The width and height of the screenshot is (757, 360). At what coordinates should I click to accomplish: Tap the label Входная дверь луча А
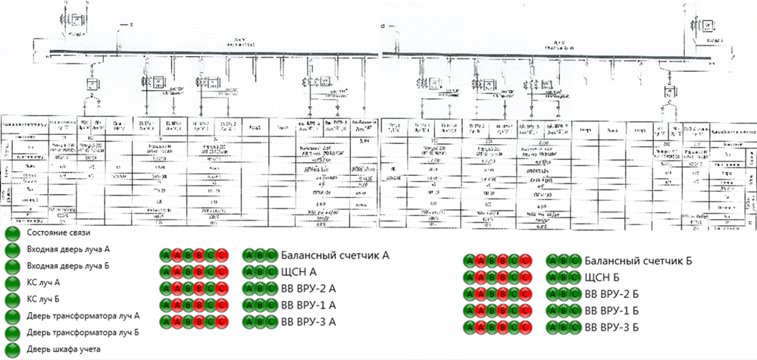coord(67,249)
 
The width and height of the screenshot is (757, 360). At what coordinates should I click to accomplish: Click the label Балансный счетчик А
coord(334,255)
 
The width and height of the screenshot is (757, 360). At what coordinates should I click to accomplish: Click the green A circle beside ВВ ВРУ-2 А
coord(249,289)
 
